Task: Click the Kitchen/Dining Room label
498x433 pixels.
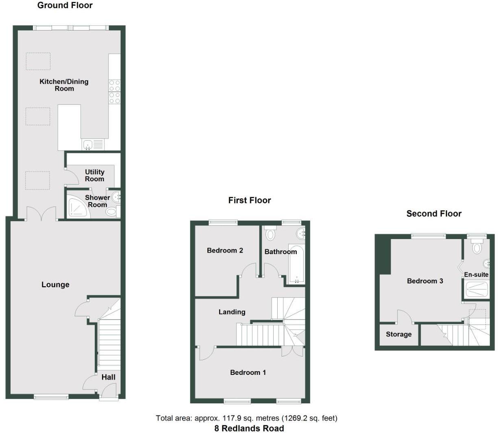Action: (64, 85)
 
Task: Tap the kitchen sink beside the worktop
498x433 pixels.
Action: (88, 144)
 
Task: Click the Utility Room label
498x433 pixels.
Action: (94, 175)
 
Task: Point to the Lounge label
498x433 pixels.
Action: (55, 285)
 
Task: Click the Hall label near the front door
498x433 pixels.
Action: (108, 377)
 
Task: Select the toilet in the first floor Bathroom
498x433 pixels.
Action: (270, 233)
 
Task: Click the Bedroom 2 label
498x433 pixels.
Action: (225, 250)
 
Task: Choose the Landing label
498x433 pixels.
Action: (232, 312)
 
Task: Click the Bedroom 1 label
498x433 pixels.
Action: (248, 372)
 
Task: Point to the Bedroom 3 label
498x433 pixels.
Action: (425, 281)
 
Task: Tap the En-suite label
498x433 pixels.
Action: (476, 274)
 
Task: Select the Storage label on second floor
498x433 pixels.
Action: (398, 334)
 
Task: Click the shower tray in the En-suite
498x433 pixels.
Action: (476, 290)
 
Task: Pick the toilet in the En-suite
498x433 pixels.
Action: (477, 246)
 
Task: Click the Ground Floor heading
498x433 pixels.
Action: (65, 5)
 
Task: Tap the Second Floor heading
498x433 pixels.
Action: (434, 213)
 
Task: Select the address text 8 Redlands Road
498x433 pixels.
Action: (249, 428)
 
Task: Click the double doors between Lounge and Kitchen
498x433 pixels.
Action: (41, 214)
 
